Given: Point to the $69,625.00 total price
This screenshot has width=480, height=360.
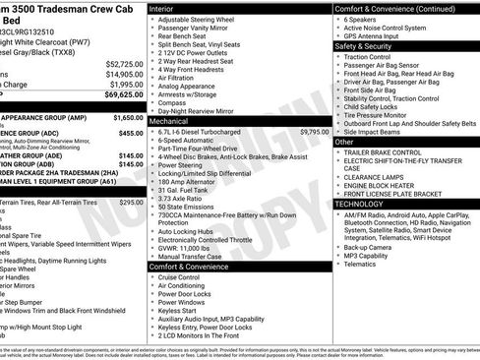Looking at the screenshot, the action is [x=124, y=95].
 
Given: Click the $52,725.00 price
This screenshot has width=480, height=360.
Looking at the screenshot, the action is [x=124, y=63].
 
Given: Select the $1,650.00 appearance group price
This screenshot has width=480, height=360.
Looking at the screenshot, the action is [x=124, y=117].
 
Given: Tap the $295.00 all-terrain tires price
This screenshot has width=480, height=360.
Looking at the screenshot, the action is [x=124, y=202].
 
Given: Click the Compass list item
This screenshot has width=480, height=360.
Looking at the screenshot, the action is [x=171, y=101].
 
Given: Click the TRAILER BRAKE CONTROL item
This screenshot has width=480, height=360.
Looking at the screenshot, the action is [x=390, y=154].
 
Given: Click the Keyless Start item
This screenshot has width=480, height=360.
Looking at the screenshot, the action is [x=177, y=311].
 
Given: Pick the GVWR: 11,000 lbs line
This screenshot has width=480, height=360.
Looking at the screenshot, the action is [x=191, y=249].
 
